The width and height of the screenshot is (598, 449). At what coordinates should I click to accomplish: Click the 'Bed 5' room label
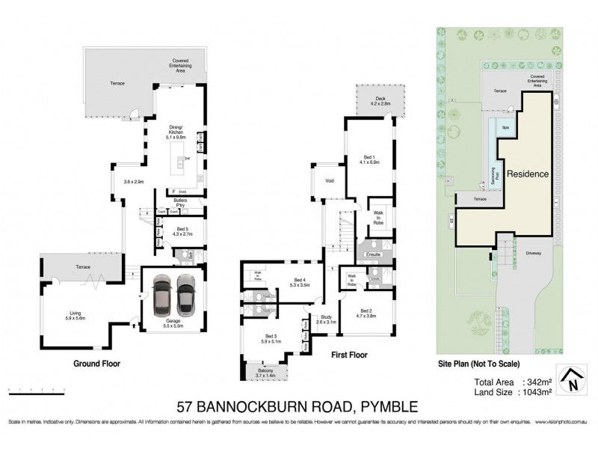180,232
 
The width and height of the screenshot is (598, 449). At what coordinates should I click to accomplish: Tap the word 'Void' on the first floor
330,181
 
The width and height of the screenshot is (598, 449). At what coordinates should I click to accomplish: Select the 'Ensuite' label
374,254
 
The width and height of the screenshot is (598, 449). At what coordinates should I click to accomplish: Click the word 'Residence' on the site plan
528,174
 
